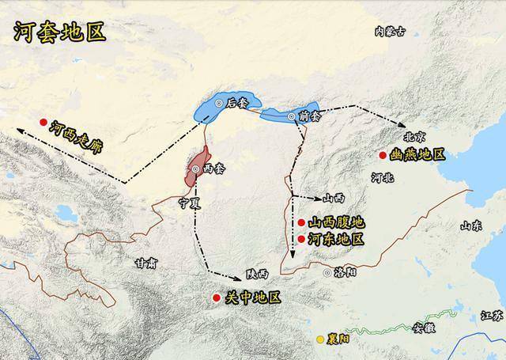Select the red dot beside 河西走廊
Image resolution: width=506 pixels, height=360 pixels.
[x=43, y=123]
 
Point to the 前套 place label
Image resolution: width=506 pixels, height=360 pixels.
[x=308, y=116]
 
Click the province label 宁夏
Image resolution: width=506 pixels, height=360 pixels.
[x=191, y=203]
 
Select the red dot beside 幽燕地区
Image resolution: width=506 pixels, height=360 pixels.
[x=383, y=155]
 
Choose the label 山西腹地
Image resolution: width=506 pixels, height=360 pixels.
[x=336, y=223]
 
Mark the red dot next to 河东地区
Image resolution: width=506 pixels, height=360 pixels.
[x=302, y=238]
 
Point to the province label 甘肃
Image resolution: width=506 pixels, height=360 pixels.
[x=145, y=263]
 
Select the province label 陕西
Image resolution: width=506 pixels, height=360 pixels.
[x=257, y=274]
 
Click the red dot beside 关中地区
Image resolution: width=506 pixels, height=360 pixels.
[x=216, y=297]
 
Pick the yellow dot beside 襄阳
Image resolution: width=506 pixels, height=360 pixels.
[x=321, y=339]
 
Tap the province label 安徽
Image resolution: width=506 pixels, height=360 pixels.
[x=423, y=329]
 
